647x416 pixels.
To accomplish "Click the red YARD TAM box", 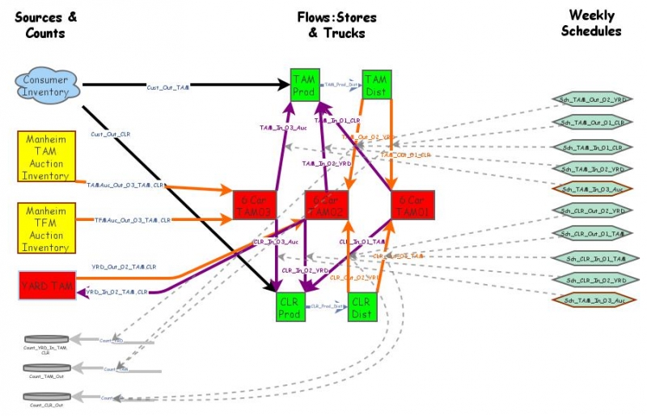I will point(45,286).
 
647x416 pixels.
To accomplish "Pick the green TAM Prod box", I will point(304,85).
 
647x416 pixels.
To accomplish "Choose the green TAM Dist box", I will point(376,85).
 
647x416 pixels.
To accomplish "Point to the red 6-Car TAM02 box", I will point(326,206).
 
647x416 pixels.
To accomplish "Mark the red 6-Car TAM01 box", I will point(412,206).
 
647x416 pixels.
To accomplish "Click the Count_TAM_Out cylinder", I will point(45,369).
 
